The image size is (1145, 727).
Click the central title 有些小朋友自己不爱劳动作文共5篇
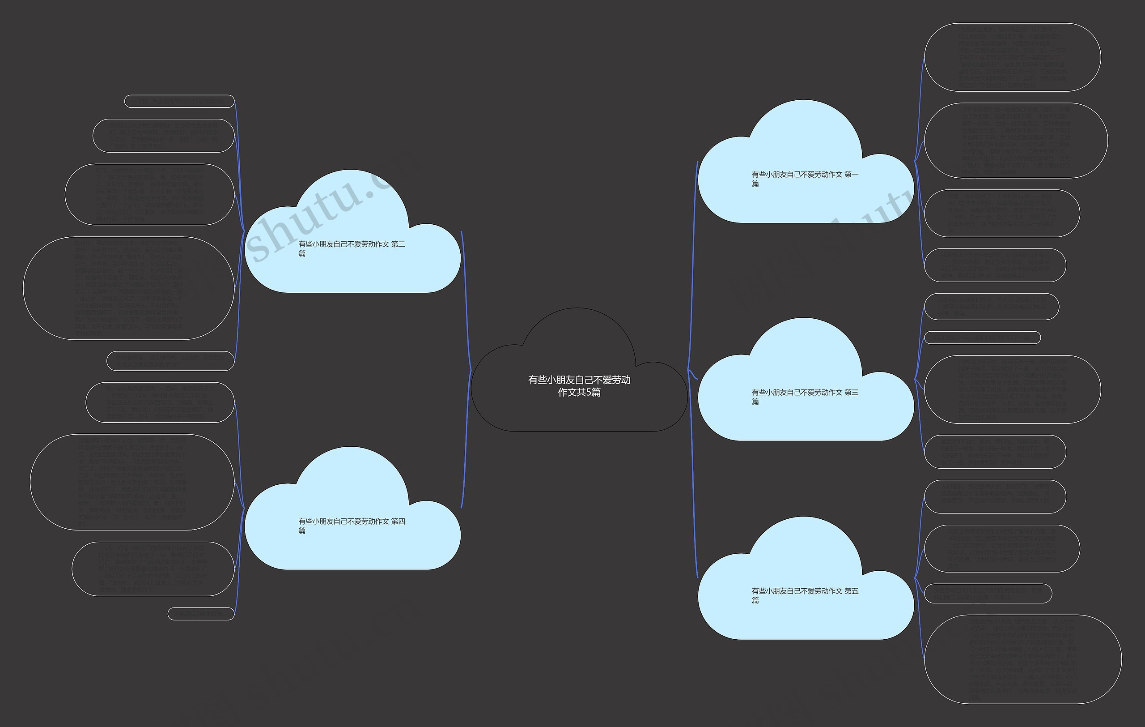tap(579, 386)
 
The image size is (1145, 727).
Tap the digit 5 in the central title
tap(589, 393)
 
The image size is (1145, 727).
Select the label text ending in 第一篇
tap(805, 179)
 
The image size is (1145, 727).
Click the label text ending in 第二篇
tap(352, 248)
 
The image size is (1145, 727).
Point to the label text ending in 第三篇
tap(805, 397)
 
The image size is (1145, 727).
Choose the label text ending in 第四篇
tap(352, 526)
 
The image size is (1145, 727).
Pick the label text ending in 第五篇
tap(805, 595)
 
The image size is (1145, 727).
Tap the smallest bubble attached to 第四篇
tap(201, 614)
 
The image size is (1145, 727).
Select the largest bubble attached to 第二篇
tap(128, 288)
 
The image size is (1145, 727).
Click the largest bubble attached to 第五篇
tap(1022, 659)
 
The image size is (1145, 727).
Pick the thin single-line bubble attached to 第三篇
tap(982, 338)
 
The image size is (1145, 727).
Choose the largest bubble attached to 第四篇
tap(132, 482)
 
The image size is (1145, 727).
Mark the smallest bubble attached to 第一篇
tap(995, 265)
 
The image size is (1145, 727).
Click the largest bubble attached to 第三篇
tap(1012, 389)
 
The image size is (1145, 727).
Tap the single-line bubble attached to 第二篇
tap(179, 101)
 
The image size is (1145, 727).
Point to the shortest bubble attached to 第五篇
tap(988, 593)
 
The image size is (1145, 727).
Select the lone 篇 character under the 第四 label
tap(302, 530)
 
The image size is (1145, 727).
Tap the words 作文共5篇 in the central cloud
tap(579, 393)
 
